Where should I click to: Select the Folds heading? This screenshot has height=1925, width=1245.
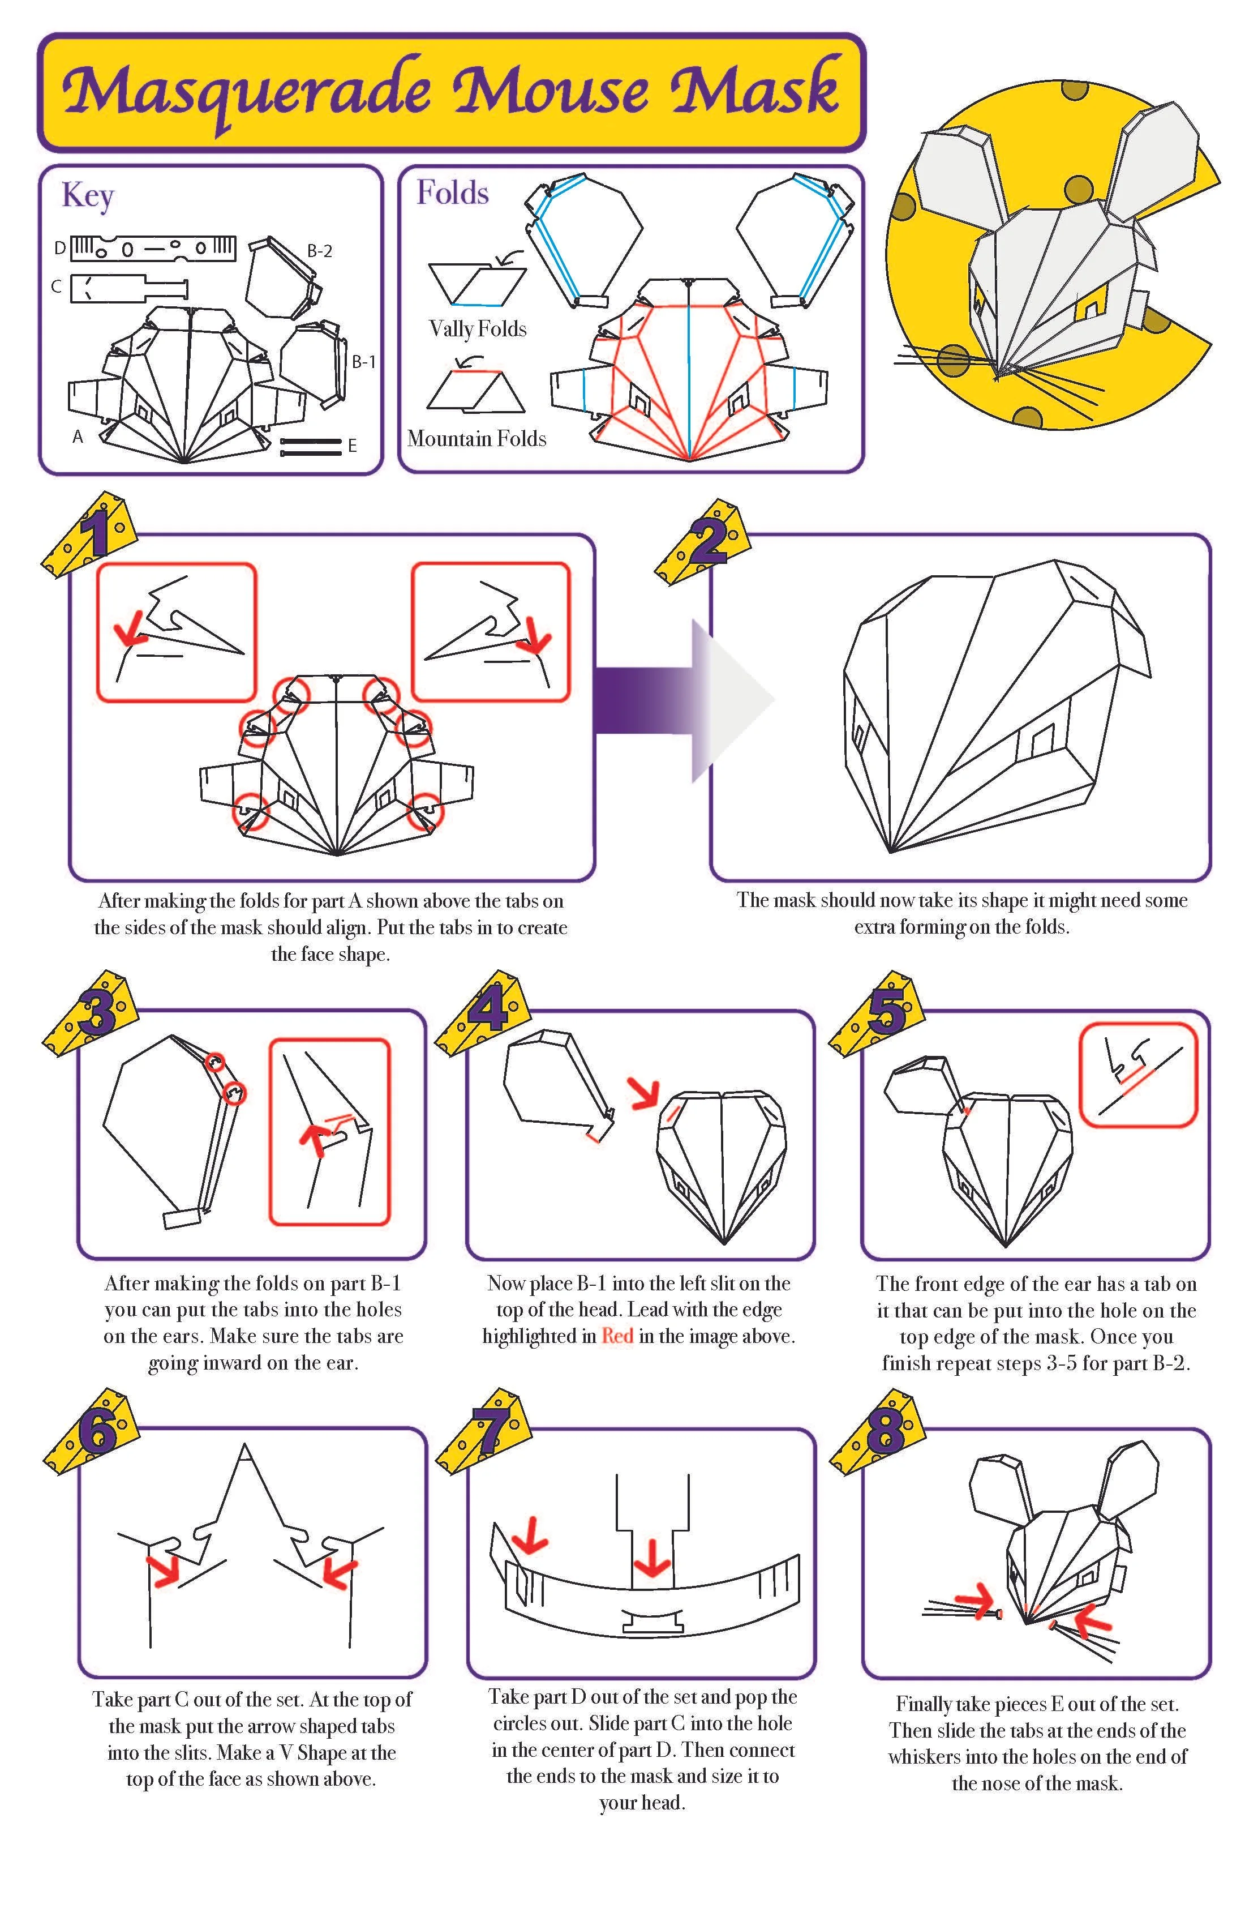pos(452,193)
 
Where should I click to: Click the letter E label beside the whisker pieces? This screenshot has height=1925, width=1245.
pos(353,446)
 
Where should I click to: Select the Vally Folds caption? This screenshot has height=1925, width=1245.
pos(477,328)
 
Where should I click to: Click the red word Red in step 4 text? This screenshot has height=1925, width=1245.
pos(617,1336)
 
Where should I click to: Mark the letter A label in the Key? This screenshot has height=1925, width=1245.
pos(78,437)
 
